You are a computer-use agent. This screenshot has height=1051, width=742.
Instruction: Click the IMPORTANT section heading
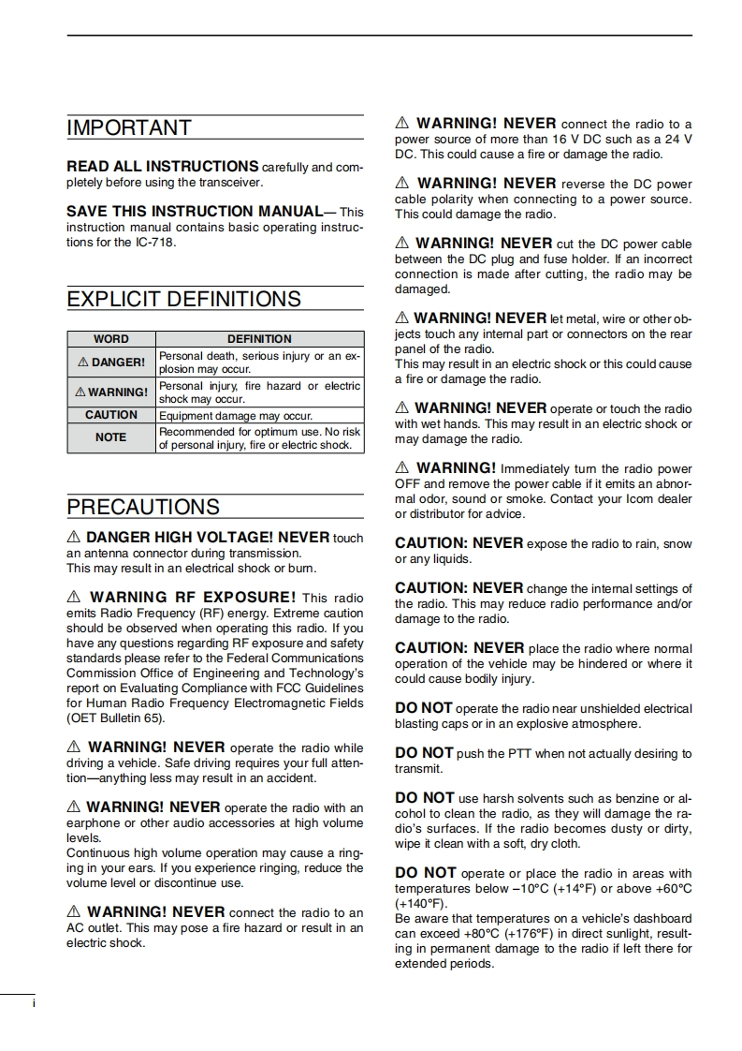pos(129,128)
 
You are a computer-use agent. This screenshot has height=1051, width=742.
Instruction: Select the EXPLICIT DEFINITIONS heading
pos(183,300)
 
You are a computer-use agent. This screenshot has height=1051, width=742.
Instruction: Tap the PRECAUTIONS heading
pos(143,508)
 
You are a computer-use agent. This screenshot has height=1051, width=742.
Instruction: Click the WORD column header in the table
pos(111,339)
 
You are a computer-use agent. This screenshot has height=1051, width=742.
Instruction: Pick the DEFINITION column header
pos(259,339)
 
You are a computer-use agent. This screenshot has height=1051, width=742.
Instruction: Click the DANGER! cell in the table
pos(111,363)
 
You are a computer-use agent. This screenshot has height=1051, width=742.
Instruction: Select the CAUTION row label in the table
pos(111,415)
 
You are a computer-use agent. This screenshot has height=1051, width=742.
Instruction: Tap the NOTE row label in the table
pos(111,437)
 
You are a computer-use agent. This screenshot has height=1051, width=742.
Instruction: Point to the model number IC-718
pos(154,243)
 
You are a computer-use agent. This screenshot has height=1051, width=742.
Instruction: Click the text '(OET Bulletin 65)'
pos(116,718)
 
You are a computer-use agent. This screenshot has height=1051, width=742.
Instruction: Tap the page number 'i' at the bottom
pos(34,1004)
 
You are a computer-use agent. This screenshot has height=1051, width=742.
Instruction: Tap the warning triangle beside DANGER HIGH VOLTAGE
pos(74,538)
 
